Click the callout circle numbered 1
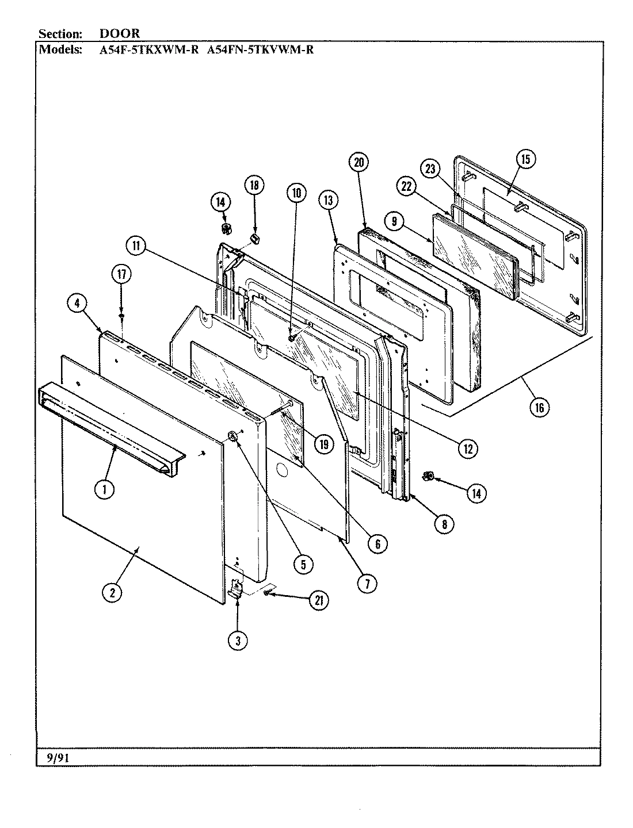tap(105, 489)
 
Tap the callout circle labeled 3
tap(238, 640)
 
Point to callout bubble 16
tap(539, 407)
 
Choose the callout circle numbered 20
tap(359, 163)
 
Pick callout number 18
tap(254, 185)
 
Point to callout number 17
tap(121, 274)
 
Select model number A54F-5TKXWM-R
tap(149, 49)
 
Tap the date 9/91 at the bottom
tap(58, 758)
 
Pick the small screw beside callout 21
tap(267, 593)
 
